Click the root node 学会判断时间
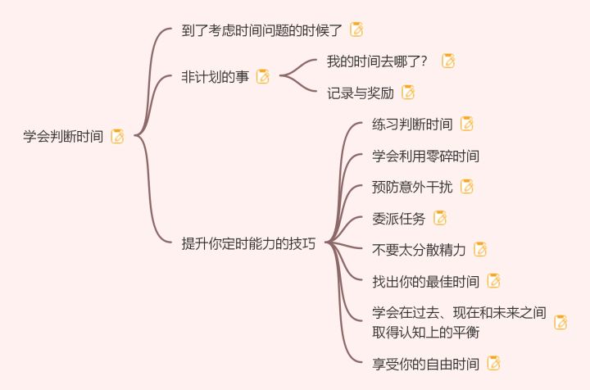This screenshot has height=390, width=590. pos(63,136)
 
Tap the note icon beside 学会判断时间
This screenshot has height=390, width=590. pos(117,136)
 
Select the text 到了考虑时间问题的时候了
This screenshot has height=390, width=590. pos(261,29)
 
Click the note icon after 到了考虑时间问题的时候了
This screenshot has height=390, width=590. pos(356,29)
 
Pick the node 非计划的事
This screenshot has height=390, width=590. pos(215,76)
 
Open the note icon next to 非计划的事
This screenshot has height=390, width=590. pos(262,76)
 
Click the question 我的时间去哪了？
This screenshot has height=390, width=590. pos(377,61)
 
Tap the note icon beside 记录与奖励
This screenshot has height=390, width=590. pos(407,93)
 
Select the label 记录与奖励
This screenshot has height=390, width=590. pos(360,93)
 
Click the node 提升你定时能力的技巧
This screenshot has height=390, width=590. pos(248,243)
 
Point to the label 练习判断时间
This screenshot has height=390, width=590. pos(411,125)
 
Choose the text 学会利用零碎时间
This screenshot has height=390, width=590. pos(425,156)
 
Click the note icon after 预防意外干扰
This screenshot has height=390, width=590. pos(467,187)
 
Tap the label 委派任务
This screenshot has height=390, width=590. pos(398,218)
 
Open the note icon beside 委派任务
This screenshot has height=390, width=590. pos(440,218)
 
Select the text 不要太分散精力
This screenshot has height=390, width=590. pos(419,250)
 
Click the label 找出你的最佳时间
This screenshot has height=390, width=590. pos(425,281)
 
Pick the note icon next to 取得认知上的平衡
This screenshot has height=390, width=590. pos(560,322)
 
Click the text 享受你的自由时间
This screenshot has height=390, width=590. pos(425,363)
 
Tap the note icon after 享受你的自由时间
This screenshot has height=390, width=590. pos(493,363)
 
